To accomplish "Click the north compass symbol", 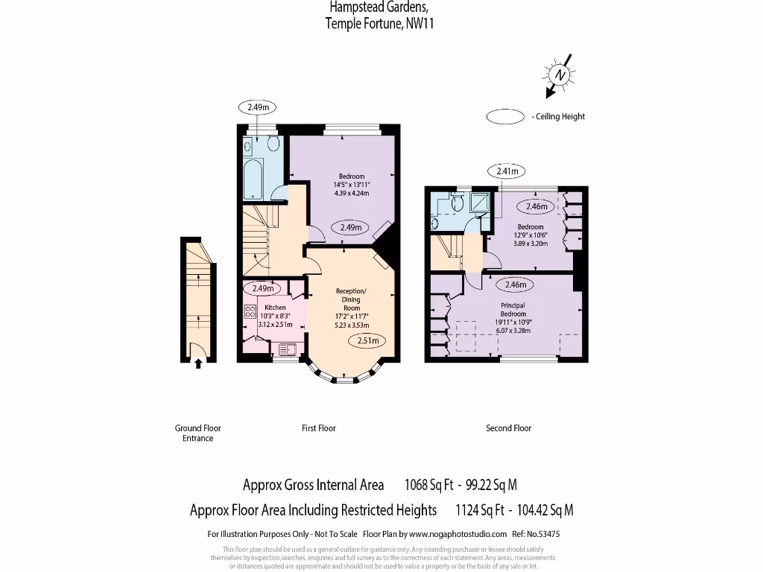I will tap(559, 75).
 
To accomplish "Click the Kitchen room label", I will tap(275, 308).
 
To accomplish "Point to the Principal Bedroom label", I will tap(513, 310).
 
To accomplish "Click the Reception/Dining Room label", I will tap(351, 299).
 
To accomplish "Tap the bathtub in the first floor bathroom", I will tap(254, 178).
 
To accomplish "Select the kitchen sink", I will tap(287, 348).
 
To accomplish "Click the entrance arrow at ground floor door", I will tap(198, 363).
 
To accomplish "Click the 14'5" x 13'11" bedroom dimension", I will tap(351, 185).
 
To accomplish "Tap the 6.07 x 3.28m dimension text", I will tap(513, 330).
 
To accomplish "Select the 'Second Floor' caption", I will tap(508, 428).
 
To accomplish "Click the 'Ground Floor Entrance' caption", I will tap(198, 433).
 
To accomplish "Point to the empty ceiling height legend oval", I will tap(505, 116).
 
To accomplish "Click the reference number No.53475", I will tap(542, 534).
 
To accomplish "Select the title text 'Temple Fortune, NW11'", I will tap(379, 24).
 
